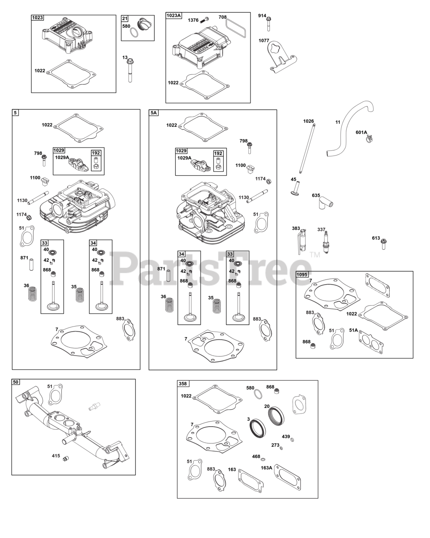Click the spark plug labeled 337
click(x=326, y=243)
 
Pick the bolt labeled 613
click(x=383, y=244)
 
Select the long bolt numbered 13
click(x=130, y=70)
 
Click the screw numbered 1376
click(x=204, y=20)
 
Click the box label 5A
click(x=153, y=113)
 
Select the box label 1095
click(x=302, y=274)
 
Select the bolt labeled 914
click(x=269, y=24)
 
